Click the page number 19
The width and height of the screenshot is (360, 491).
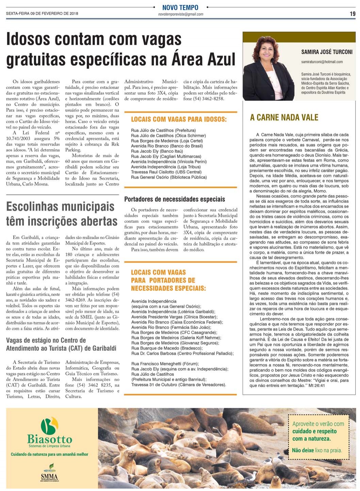(353, 14)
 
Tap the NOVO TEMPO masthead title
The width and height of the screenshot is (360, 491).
(180, 7)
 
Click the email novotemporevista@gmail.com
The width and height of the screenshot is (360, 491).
(181, 14)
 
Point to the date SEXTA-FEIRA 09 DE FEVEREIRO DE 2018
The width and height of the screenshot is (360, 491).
(42, 14)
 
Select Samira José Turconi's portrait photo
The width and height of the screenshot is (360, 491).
(268, 68)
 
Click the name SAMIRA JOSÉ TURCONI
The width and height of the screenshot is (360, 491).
(327, 52)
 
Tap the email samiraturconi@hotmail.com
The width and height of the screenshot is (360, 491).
(322, 62)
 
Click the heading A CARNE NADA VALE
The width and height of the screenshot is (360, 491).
(284, 117)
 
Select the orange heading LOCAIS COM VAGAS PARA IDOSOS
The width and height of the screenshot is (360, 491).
(179, 119)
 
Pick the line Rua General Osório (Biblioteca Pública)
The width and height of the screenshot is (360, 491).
(169, 177)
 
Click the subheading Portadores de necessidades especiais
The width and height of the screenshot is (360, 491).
(175, 199)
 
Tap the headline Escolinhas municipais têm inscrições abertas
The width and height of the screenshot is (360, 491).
(62, 214)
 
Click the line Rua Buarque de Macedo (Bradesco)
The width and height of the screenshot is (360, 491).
(167, 348)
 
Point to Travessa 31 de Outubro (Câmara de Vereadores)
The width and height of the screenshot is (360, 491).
(179, 384)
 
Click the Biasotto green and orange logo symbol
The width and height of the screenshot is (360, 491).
(50, 425)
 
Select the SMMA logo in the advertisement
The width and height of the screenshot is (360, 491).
(49, 474)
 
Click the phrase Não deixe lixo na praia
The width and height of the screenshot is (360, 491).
(317, 450)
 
